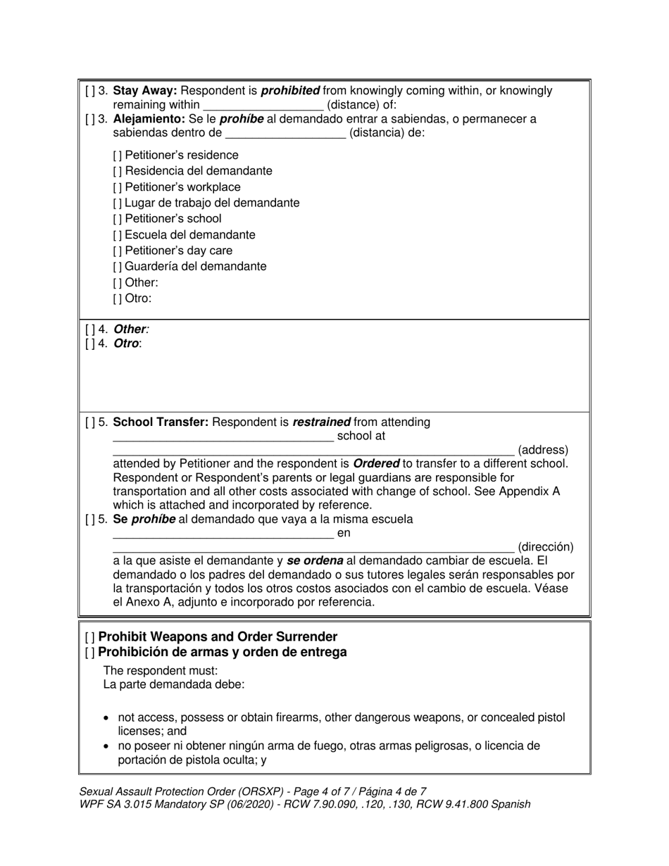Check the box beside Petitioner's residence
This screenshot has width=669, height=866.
(118, 156)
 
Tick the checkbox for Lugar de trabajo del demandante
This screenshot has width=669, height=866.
(118, 203)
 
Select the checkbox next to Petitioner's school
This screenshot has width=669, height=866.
(118, 219)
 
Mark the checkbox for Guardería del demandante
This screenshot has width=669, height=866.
(118, 267)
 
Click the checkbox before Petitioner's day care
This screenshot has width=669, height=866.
(118, 251)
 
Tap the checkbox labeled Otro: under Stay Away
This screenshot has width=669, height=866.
(118, 299)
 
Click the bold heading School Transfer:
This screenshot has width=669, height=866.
(161, 422)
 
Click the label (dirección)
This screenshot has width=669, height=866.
(545, 547)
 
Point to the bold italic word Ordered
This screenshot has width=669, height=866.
(376, 464)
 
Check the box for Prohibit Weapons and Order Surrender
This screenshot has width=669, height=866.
(89, 637)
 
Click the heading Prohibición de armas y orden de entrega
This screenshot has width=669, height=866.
(223, 652)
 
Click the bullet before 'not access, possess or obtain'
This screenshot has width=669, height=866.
(106, 719)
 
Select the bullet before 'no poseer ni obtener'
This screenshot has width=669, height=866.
(106, 746)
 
